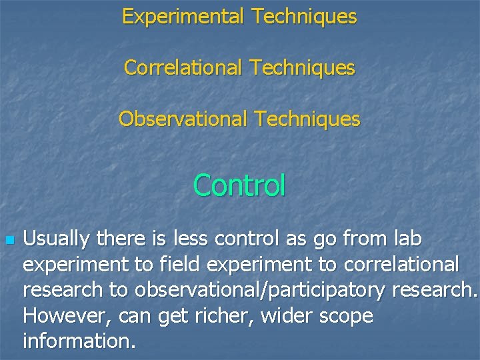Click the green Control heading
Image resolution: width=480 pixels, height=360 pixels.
click(239, 185)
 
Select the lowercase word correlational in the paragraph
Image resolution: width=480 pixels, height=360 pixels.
click(401, 265)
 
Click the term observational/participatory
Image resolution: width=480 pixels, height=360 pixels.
click(260, 291)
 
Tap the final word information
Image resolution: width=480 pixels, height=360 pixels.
click(79, 341)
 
